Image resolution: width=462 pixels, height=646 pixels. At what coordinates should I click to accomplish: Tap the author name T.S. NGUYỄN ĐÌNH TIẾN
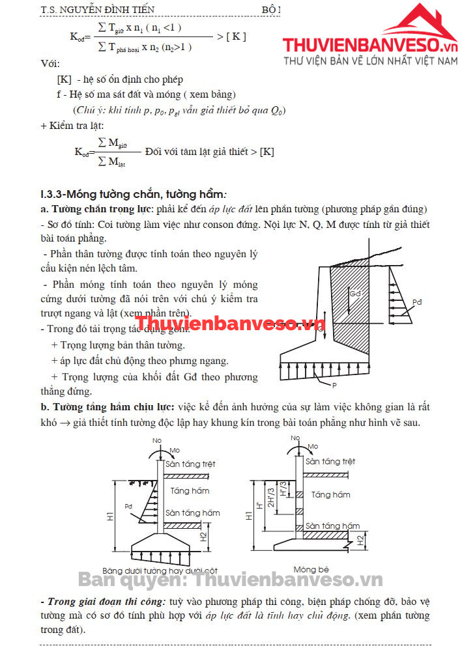98,9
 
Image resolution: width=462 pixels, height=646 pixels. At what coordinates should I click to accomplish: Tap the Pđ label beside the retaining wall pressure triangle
417,302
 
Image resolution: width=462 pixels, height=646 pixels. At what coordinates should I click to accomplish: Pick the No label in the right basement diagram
297,438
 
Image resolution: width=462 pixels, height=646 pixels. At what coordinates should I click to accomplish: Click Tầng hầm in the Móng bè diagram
330,495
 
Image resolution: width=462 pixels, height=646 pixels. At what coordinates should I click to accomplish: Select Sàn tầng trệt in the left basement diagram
190,464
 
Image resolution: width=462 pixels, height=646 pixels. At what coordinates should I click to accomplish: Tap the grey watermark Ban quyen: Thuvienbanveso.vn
231,580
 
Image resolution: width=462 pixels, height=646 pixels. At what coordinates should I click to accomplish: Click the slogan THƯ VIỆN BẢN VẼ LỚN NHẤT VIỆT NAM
371,61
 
